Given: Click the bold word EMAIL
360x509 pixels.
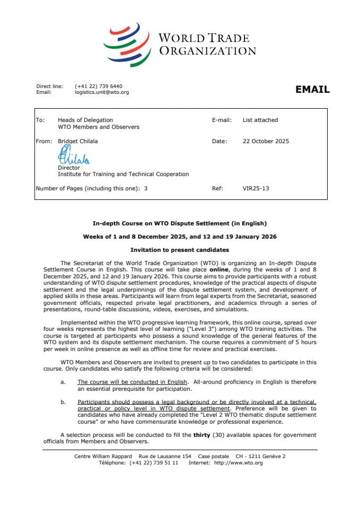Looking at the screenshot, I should tap(312, 90).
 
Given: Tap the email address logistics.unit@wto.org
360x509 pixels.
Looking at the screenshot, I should tap(102, 92).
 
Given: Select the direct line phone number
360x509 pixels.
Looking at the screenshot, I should tap(99, 86).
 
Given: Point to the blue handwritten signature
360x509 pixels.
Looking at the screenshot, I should tap(73, 156).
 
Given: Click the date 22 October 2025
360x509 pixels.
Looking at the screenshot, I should tap(266, 142).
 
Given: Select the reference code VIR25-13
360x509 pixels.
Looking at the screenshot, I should tap(256, 188).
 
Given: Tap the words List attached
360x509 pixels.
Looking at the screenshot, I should tap(260, 120).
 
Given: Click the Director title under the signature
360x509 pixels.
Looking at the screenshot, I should tap(69, 168).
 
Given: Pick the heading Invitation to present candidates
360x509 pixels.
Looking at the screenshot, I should tap(180, 249).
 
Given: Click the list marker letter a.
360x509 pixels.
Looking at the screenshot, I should tap(63, 382).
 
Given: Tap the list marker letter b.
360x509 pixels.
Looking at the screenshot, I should tap(63, 402).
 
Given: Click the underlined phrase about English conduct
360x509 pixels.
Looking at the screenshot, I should tap(132, 382).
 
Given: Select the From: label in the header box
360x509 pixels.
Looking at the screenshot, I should tap(44, 142).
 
